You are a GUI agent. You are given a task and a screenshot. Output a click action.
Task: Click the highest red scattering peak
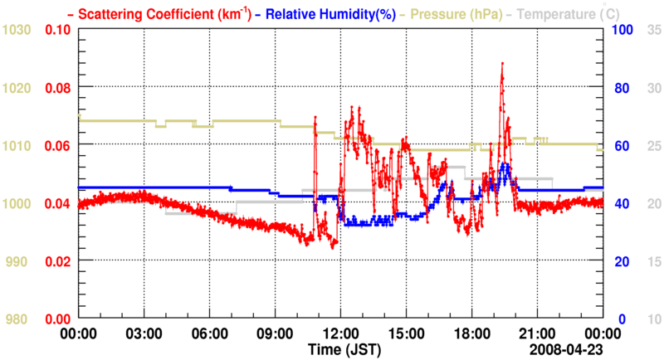502,63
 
